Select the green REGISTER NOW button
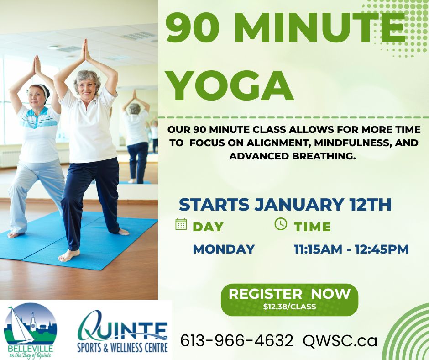pos(289,299)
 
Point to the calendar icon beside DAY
pos(181,224)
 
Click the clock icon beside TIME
pos(281,224)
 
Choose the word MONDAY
pos(223,249)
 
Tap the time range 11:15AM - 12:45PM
pos(351,249)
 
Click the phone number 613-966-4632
pos(236,340)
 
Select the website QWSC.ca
pos(340,340)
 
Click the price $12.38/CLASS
pos(289,307)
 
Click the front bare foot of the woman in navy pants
pos(69,256)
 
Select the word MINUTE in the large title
pos(319,28)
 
